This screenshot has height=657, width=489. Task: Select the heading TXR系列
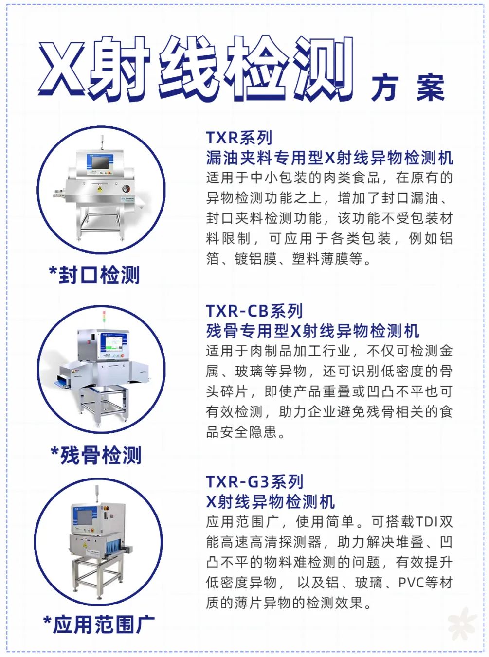tap(239, 138)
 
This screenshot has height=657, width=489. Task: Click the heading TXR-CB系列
tap(254, 311)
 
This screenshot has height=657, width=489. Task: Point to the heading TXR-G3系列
tap(254, 482)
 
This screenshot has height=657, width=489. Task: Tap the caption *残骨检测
tap(96, 456)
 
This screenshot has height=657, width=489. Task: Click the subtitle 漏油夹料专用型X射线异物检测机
tap(329, 158)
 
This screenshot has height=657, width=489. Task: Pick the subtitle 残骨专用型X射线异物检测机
tap(312, 331)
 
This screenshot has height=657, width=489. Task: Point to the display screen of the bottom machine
tap(85, 517)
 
